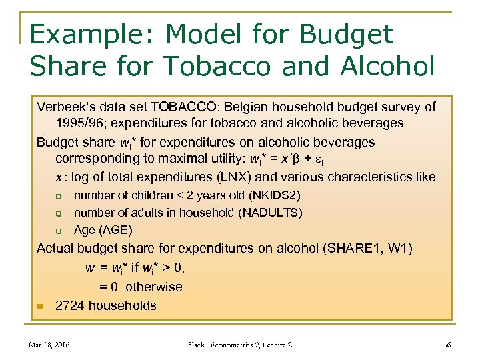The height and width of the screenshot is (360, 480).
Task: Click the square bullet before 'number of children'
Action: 58,196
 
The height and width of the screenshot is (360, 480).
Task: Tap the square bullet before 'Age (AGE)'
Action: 58,231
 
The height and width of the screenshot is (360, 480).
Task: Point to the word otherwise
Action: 153,287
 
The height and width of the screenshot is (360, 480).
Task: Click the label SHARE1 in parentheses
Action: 351,249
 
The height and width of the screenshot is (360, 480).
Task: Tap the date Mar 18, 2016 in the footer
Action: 49,345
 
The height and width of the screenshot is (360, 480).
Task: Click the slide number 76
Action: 446,345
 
